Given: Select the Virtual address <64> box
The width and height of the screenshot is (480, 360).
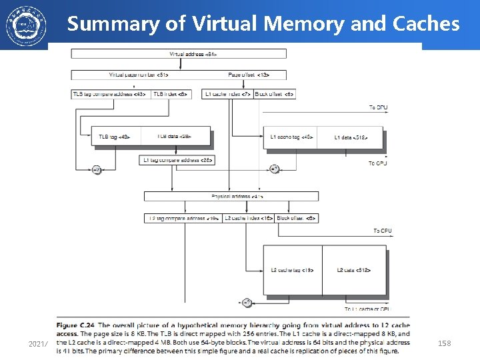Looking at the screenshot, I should tap(179, 53).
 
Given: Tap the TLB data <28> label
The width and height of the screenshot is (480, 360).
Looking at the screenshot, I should tap(174, 137).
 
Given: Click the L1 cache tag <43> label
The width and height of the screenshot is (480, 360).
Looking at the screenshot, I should tap(291, 137).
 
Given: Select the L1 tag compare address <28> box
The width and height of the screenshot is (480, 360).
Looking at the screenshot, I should tap(176, 160).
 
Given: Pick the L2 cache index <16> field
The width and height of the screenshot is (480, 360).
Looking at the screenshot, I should tap(248, 218).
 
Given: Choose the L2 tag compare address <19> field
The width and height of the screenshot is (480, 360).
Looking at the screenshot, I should tap(183, 218).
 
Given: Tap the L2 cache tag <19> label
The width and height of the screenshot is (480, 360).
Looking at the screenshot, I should tap(293, 270).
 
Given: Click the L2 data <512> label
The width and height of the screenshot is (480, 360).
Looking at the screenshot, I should tap(353, 270).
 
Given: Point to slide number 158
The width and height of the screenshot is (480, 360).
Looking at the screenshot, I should tap(444, 343).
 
